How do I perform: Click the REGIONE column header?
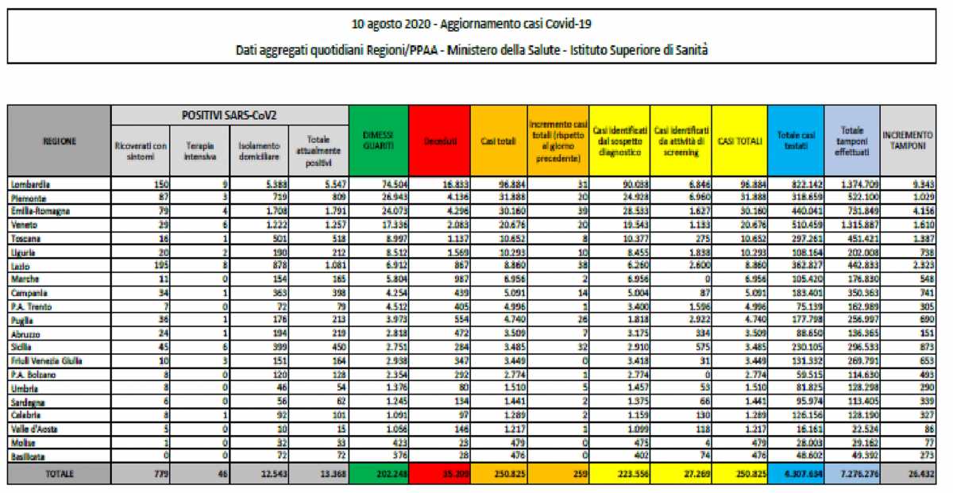pos(60,141)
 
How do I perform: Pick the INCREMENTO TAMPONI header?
pos(907,141)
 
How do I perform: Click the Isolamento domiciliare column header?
pos(259,151)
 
